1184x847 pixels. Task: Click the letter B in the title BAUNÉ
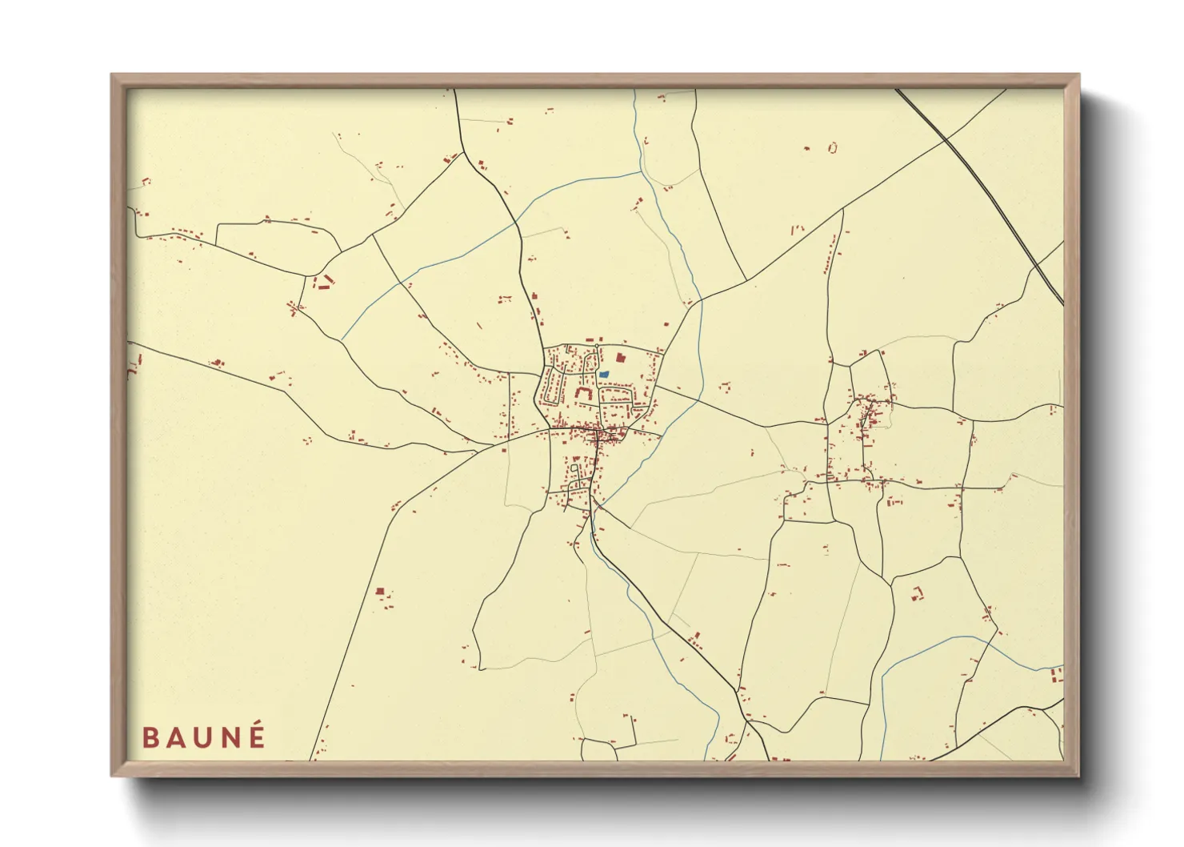click(x=150, y=737)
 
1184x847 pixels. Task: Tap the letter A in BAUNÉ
click(x=177, y=737)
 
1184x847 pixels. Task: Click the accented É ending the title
click(x=257, y=736)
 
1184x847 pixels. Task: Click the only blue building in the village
click(x=604, y=374)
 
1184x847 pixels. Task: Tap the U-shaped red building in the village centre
click(x=582, y=393)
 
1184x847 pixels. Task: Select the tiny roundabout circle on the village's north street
click(x=596, y=346)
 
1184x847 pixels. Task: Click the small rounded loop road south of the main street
click(x=574, y=466)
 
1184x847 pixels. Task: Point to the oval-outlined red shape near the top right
click(x=833, y=147)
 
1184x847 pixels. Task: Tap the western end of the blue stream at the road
click(x=342, y=339)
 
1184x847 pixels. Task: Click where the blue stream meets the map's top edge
click(x=634, y=90)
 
